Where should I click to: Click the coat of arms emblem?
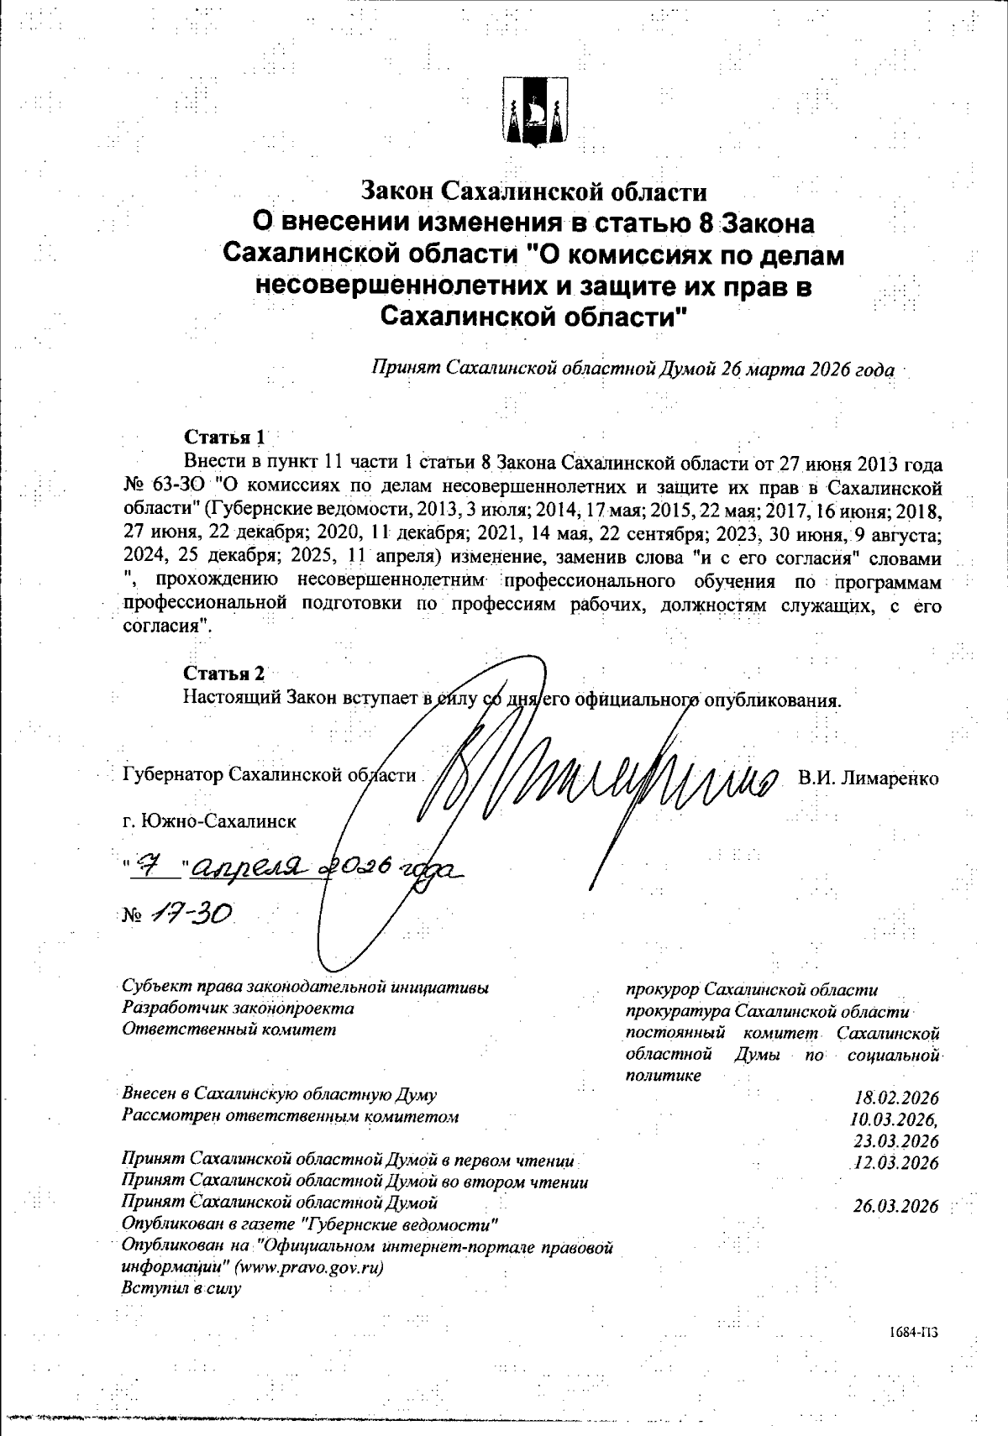[x=536, y=113]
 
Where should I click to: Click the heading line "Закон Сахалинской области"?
[x=534, y=192]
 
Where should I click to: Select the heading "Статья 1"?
[x=224, y=438]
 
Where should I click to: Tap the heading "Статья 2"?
[x=224, y=673]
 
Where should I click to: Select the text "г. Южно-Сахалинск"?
[x=208, y=820]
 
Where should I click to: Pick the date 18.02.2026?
[x=896, y=1098]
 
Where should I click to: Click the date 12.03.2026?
[x=896, y=1163]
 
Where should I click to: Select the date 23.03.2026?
[x=896, y=1141]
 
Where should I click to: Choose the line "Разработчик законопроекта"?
[x=238, y=1008]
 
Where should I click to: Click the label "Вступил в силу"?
[x=181, y=1288]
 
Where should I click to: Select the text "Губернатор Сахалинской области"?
[x=269, y=774]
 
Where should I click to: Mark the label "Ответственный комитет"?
[x=228, y=1029]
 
